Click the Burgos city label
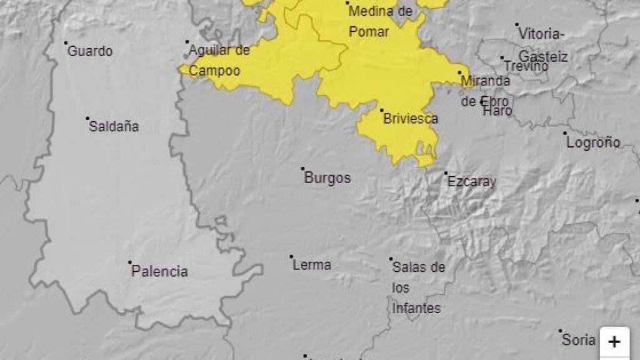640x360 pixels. tap(327, 178)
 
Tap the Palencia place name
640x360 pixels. tap(159, 272)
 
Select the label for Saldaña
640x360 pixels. tap(114, 127)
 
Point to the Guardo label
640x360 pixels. tap(90, 51)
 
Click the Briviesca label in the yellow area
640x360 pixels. tap(411, 119)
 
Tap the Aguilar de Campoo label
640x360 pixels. tap(219, 61)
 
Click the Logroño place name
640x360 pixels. tap(593, 142)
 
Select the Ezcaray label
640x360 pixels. tap(471, 182)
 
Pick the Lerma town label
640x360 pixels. tap(312, 265)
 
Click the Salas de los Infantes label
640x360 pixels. tap(418, 287)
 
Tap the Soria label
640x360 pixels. tap(578, 341)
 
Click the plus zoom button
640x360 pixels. tap(614, 342)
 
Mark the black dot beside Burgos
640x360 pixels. tap(302, 168)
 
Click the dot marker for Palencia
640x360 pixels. tap(130, 262)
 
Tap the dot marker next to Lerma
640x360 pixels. tap(291, 256)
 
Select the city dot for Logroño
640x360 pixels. tap(565, 133)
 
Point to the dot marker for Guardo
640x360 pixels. tap(66, 43)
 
